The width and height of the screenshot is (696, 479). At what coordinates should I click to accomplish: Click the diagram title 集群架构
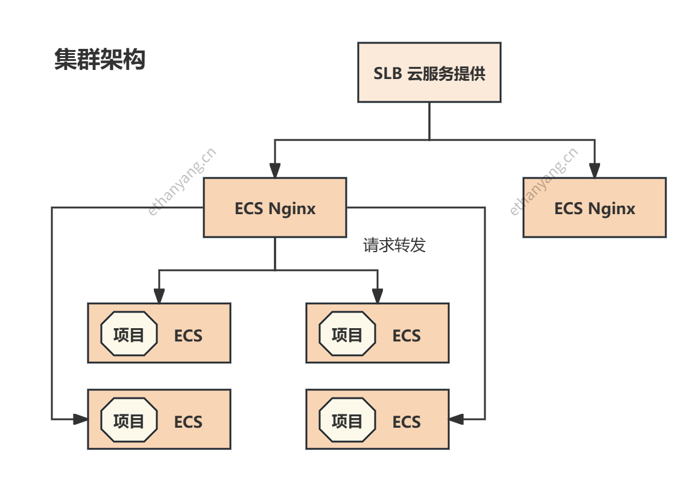[100, 60]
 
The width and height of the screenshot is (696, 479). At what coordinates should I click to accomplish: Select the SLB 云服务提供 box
[429, 72]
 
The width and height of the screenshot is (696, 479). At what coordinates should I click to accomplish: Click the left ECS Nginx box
[275, 208]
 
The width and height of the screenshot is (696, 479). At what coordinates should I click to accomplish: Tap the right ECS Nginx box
[594, 208]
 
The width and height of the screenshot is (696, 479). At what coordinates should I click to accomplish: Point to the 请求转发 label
[394, 245]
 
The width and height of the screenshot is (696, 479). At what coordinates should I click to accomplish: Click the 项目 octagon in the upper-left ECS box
[129, 334]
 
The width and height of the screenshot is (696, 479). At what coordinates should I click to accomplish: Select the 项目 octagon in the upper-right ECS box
[347, 334]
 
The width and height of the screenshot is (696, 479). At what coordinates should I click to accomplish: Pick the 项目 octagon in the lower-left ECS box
[129, 420]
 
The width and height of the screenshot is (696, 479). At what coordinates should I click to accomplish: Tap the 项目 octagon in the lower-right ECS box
[347, 420]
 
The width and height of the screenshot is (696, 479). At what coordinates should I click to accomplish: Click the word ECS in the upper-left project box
[188, 335]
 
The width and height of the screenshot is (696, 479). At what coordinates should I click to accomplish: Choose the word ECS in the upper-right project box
[407, 335]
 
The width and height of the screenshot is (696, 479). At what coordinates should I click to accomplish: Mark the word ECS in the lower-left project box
[188, 422]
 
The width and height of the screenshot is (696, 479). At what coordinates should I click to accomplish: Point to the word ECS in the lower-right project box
[407, 422]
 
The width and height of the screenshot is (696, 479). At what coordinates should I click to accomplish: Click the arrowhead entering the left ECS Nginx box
[275, 170]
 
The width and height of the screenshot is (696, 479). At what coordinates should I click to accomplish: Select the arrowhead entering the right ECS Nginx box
[595, 170]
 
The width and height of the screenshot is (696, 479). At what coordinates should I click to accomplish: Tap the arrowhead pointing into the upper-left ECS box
[159, 296]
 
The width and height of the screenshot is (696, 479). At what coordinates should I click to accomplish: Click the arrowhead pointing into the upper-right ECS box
[378, 296]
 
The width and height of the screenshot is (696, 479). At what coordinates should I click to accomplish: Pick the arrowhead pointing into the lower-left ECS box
[81, 419]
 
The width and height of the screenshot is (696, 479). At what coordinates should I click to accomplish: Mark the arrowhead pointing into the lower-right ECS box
[456, 419]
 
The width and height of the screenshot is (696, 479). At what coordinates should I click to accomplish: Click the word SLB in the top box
[387, 73]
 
